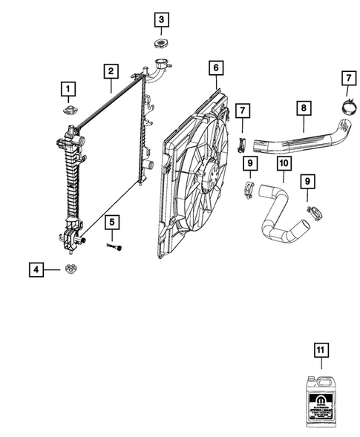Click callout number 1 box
68,91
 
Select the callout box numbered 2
110,72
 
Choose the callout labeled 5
111,221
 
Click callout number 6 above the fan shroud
215,68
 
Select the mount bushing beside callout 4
72,269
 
